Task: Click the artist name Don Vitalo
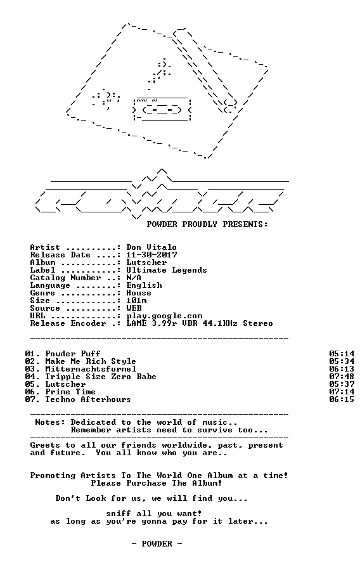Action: point(151,247)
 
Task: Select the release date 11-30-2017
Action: point(151,255)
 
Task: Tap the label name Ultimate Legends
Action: point(167,270)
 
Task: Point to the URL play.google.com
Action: point(164,316)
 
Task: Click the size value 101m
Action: point(136,301)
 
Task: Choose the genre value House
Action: point(139,293)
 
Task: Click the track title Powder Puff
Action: point(72,354)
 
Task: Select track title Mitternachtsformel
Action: point(91,369)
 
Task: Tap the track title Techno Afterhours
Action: point(88,399)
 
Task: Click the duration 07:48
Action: point(342,377)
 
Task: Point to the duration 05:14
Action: point(342,354)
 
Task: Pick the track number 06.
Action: point(30,392)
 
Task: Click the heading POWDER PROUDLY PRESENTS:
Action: point(207,224)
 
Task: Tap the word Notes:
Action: point(50,422)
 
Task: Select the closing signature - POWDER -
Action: point(157,544)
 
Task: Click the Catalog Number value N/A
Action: point(134,278)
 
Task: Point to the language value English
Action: point(144,285)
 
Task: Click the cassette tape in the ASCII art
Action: point(162,110)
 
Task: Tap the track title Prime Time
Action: point(70,392)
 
